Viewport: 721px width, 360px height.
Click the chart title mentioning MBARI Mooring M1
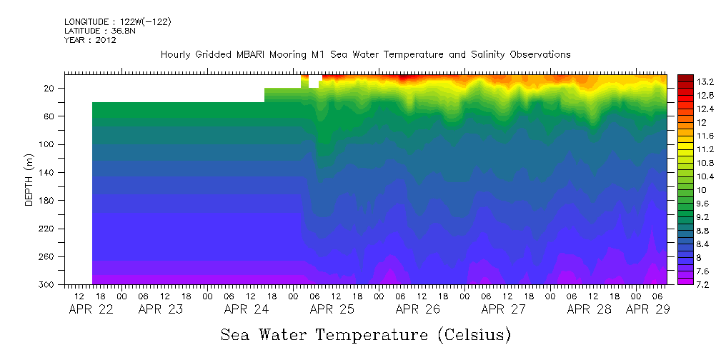pos(365,54)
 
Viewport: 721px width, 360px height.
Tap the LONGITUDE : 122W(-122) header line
pos(117,22)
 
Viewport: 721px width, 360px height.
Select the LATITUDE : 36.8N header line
pos(99,31)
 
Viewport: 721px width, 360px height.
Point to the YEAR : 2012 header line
pos(90,40)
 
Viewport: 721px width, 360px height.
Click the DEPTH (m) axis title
pos(29,179)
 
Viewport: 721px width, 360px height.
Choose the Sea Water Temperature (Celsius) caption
pos(366,335)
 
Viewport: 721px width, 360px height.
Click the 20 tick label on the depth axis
pos(49,88)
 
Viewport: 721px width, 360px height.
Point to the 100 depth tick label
pos(47,144)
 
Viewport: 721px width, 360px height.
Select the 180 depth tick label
pos(47,201)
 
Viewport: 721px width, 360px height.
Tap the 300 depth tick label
pos(47,285)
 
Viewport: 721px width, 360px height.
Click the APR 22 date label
pos(90,309)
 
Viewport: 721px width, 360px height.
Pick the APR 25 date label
pos(332,309)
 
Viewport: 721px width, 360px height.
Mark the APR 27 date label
pos(503,309)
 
